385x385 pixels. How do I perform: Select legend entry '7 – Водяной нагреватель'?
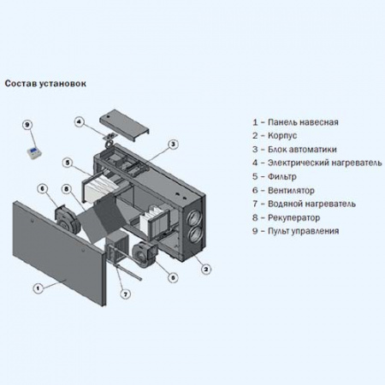point(304,204)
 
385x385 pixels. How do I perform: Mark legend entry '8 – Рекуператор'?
point(287,217)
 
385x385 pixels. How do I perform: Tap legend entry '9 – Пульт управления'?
point(295,231)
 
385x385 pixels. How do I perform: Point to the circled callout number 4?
point(79,122)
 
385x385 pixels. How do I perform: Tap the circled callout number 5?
point(67,162)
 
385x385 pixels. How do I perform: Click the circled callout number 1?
point(37,287)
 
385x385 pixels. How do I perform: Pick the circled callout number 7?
point(125,294)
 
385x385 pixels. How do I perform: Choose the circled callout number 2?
point(206,269)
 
